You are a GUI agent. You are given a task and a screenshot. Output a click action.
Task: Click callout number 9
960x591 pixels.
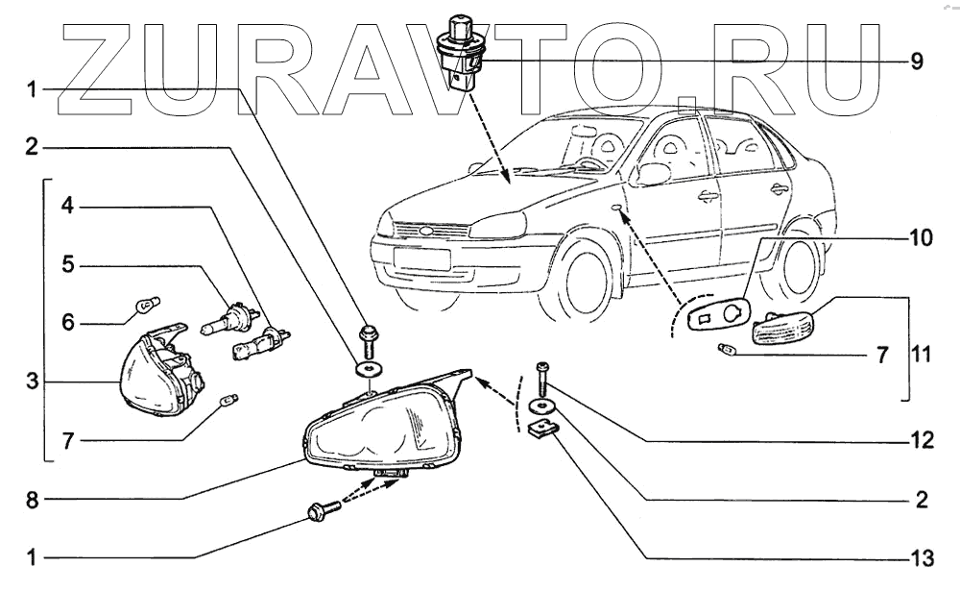[x=917, y=62]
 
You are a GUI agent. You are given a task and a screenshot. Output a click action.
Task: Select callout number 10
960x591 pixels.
[x=920, y=239]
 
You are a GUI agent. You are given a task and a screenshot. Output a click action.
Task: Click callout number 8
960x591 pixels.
[x=32, y=500]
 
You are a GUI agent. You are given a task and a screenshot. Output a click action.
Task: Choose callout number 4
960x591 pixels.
[x=67, y=206]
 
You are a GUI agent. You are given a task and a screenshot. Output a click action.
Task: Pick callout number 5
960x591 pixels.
[x=67, y=264]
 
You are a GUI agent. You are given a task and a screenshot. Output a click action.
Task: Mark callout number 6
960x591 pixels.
[x=67, y=323]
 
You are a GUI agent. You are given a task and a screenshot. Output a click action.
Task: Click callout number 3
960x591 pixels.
[x=32, y=382]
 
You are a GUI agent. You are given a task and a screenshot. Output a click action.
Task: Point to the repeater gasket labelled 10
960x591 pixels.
[x=712, y=314]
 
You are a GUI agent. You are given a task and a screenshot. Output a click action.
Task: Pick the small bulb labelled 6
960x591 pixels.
[x=148, y=308]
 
